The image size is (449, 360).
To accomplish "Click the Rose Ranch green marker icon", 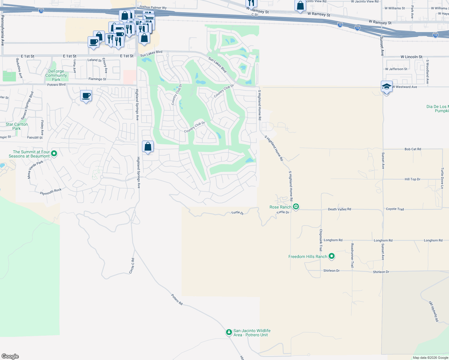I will coord(296,206).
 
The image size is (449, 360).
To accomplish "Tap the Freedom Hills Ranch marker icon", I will coord(332,256).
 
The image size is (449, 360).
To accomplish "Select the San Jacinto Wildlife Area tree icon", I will coord(229,332).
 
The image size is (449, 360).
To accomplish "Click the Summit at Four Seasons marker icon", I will coord(54,154).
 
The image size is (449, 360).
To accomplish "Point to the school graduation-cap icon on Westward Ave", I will coord(386,87).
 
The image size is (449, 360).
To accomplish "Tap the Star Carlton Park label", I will coord(17,126).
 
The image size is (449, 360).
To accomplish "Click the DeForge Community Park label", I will coord(56,75).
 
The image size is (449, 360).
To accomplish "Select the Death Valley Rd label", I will coord(339,209).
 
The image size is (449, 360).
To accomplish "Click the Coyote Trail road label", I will coord(395,209).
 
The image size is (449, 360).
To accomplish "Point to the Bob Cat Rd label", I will coord(413,149).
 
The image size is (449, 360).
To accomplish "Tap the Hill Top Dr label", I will coord(412,179).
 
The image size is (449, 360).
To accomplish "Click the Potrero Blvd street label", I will coord(56,85).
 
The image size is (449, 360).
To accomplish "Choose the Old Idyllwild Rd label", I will coord(434,312).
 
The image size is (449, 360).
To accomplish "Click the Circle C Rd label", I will coord(132,266).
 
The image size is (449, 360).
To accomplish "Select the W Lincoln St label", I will coord(411,57).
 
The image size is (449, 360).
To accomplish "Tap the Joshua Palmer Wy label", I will coord(153,7).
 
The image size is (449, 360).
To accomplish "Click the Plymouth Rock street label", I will coord(51,192).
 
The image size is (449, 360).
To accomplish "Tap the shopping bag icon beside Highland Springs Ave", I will coord(148,147).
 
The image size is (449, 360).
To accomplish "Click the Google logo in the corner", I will coord(10,356).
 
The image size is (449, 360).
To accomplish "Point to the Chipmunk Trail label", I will coord(321,240).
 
